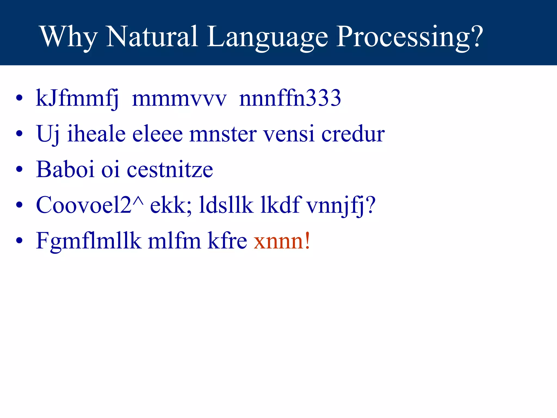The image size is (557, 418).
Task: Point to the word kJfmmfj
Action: coord(77,99)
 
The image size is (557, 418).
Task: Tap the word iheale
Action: coord(96,134)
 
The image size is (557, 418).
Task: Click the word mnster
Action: coord(223,134)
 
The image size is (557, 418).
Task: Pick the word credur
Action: coord(353,134)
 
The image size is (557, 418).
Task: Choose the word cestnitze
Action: coord(170,170)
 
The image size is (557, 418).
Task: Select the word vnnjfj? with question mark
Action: coord(341,205)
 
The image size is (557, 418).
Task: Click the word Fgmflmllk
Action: coord(89,241)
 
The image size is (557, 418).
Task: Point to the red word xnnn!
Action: coord(281,241)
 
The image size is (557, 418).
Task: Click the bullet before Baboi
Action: coord(19,169)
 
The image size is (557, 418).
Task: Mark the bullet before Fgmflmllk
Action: coord(19,241)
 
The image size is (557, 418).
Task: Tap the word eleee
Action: coord(157,134)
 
